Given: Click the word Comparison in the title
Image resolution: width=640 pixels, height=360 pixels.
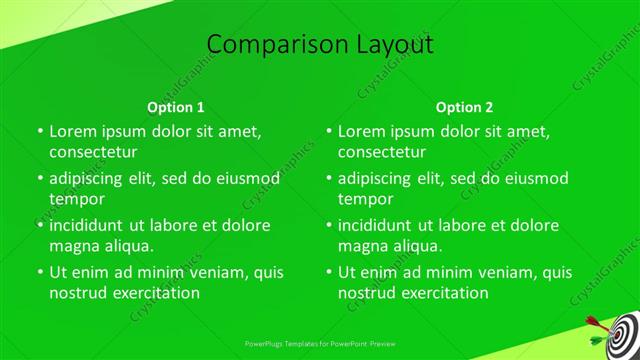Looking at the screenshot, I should pos(272,45).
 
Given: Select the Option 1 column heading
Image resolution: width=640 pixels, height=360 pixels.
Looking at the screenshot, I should pos(176,107).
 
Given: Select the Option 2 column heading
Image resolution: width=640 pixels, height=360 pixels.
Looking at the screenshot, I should pos(464,107).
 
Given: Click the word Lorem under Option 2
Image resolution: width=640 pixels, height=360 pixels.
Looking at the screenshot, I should pos(362,131).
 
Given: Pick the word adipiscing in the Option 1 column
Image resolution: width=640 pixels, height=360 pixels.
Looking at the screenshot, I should pos(92,179).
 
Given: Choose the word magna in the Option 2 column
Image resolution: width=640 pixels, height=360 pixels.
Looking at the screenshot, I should pos(362,246).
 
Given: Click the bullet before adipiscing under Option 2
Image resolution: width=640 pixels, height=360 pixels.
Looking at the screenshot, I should pos(328,179).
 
